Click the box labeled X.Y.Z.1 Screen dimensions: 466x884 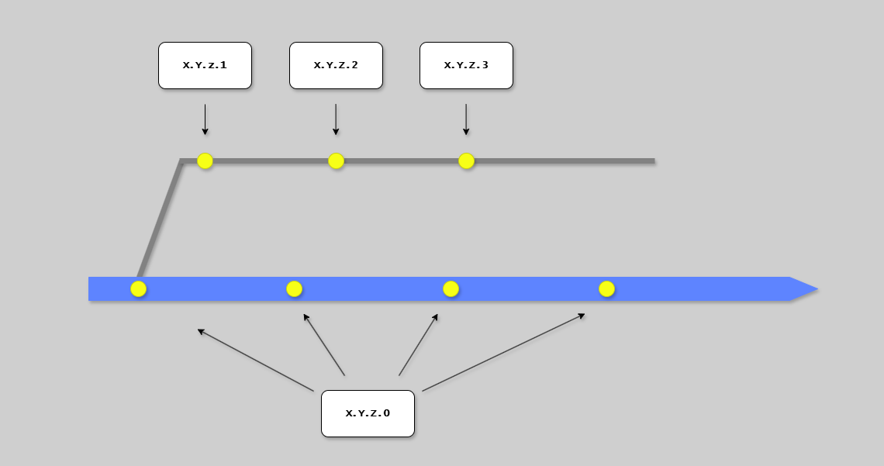(205, 65)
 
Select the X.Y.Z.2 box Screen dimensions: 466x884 (336, 65)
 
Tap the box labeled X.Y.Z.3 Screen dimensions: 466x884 (466, 65)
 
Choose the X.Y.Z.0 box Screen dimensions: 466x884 (368, 413)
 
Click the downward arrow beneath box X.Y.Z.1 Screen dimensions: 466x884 (205, 119)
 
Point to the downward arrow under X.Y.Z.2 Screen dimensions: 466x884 (336, 119)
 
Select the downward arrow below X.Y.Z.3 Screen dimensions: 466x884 (466, 119)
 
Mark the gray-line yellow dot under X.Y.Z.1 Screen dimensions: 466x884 (205, 161)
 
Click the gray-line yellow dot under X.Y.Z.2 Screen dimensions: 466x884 (336, 161)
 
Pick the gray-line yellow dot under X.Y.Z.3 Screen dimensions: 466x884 (466, 161)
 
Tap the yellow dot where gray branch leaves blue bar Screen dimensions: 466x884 (138, 288)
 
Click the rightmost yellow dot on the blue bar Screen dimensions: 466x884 (606, 288)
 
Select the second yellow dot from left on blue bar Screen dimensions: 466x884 (294, 288)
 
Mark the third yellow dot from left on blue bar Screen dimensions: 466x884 (451, 288)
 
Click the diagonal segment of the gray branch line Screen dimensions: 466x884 (160, 219)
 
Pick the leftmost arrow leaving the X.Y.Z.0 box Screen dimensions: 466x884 (255, 360)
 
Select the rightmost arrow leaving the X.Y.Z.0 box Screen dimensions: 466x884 (503, 352)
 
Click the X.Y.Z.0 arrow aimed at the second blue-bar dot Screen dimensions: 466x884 (324, 344)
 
